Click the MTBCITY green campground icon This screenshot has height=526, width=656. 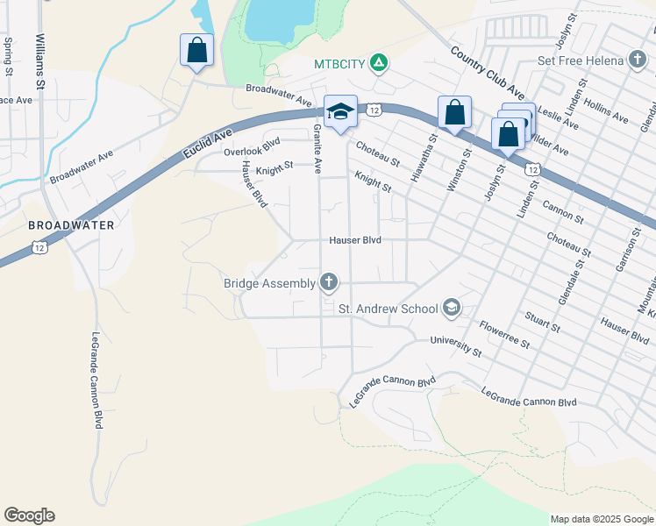click(x=378, y=63)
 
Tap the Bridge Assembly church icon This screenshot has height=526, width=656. click(x=329, y=282)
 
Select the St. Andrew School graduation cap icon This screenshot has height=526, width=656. click(x=452, y=307)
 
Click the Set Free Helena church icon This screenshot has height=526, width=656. click(x=638, y=60)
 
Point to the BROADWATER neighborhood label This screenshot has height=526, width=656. click(x=71, y=225)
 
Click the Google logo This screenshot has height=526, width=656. click(x=29, y=515)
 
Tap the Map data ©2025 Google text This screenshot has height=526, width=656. click(x=602, y=519)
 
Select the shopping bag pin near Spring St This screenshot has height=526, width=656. click(x=197, y=50)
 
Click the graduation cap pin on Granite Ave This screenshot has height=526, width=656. click(x=340, y=110)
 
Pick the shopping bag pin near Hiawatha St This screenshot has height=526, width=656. click(x=454, y=112)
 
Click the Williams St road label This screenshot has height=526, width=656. click(x=40, y=61)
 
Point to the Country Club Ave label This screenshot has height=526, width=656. click(x=487, y=73)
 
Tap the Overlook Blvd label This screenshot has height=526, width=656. click(x=252, y=146)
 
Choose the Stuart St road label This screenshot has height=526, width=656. click(x=542, y=320)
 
